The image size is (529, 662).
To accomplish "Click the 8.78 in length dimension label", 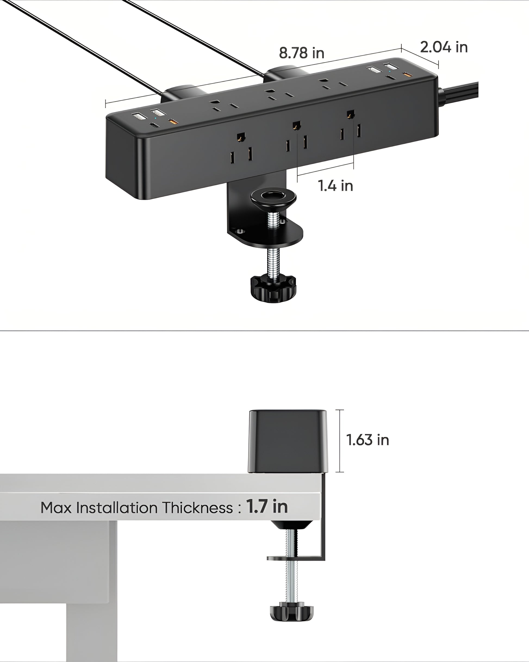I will pyautogui.click(x=301, y=53).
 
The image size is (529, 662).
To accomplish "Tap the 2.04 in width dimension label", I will pyautogui.click(x=443, y=47).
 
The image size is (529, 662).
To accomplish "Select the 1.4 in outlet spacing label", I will pyautogui.click(x=335, y=186).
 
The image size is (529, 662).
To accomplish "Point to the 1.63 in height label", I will pyautogui.click(x=367, y=440).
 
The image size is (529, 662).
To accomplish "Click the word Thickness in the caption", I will pyautogui.click(x=197, y=508).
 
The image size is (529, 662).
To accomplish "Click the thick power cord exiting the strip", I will pyautogui.click(x=460, y=94).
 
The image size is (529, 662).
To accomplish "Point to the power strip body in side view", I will pyautogui.click(x=288, y=441).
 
